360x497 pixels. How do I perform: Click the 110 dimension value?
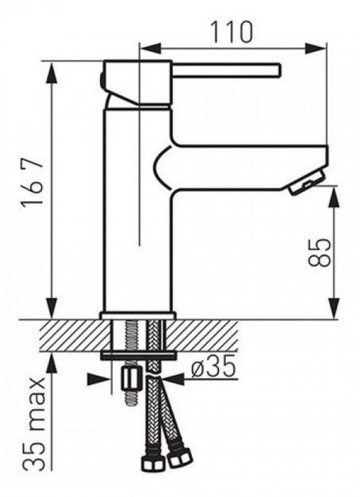click(232, 32)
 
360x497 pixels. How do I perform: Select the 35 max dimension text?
click(34, 424)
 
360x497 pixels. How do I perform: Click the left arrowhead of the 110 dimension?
click(150, 48)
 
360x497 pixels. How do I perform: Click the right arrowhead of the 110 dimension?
click(316, 48)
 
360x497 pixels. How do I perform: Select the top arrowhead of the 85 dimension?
click(333, 198)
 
